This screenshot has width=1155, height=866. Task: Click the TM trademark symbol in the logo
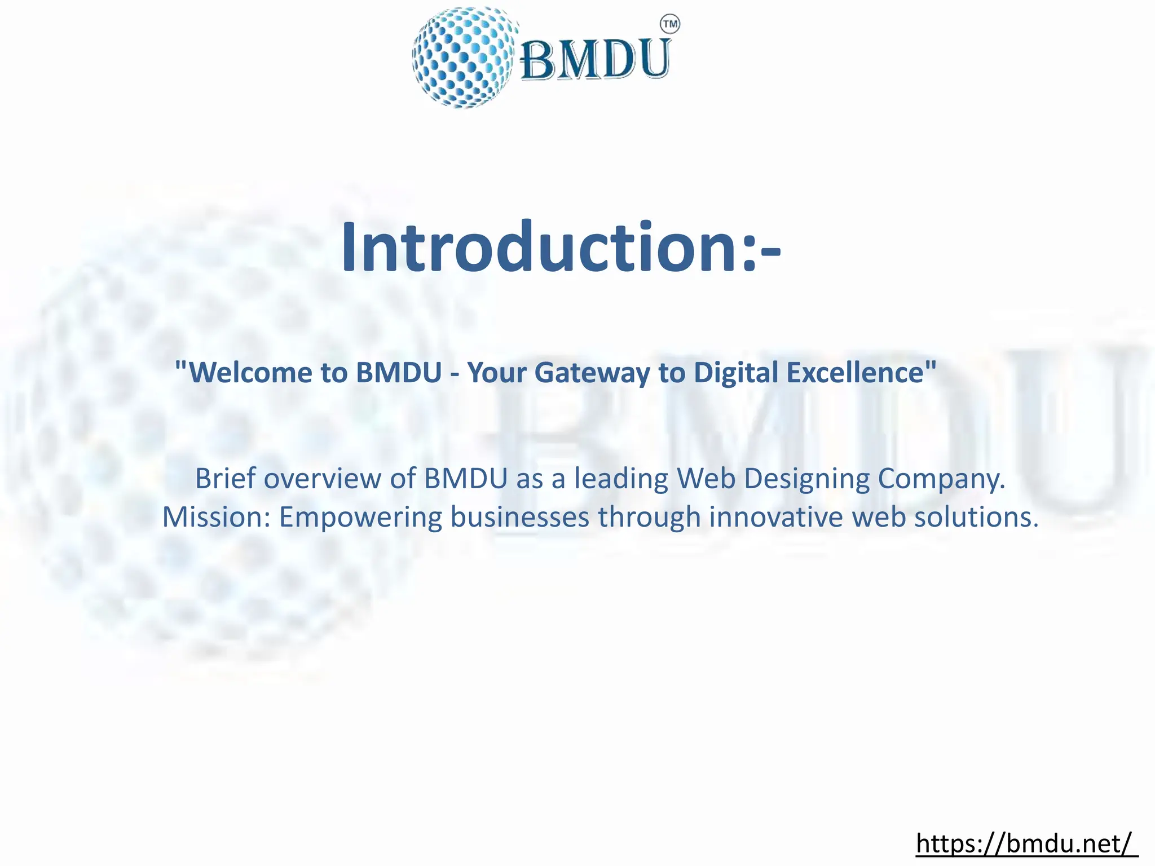[x=669, y=24]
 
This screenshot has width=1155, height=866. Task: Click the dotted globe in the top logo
[x=464, y=58]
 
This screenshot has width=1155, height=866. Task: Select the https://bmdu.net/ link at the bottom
[x=1026, y=844]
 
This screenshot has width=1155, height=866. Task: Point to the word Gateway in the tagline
[x=592, y=373]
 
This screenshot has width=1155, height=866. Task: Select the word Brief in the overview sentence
[x=225, y=479]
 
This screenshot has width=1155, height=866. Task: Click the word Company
[x=941, y=479]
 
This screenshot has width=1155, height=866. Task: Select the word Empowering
[x=360, y=517]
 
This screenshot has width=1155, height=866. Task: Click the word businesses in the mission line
[x=519, y=517]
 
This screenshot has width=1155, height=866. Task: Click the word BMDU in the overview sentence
[x=466, y=479]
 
